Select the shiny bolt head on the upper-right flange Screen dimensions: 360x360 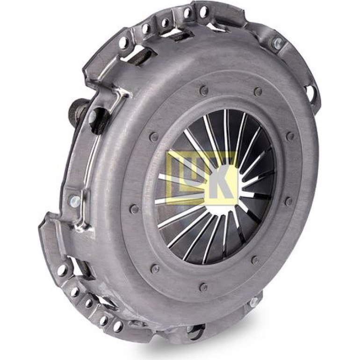[277, 42]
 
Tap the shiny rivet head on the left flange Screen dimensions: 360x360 [75, 201]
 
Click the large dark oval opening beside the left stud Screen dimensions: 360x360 [98, 119]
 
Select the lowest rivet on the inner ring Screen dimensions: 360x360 [203, 286]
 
